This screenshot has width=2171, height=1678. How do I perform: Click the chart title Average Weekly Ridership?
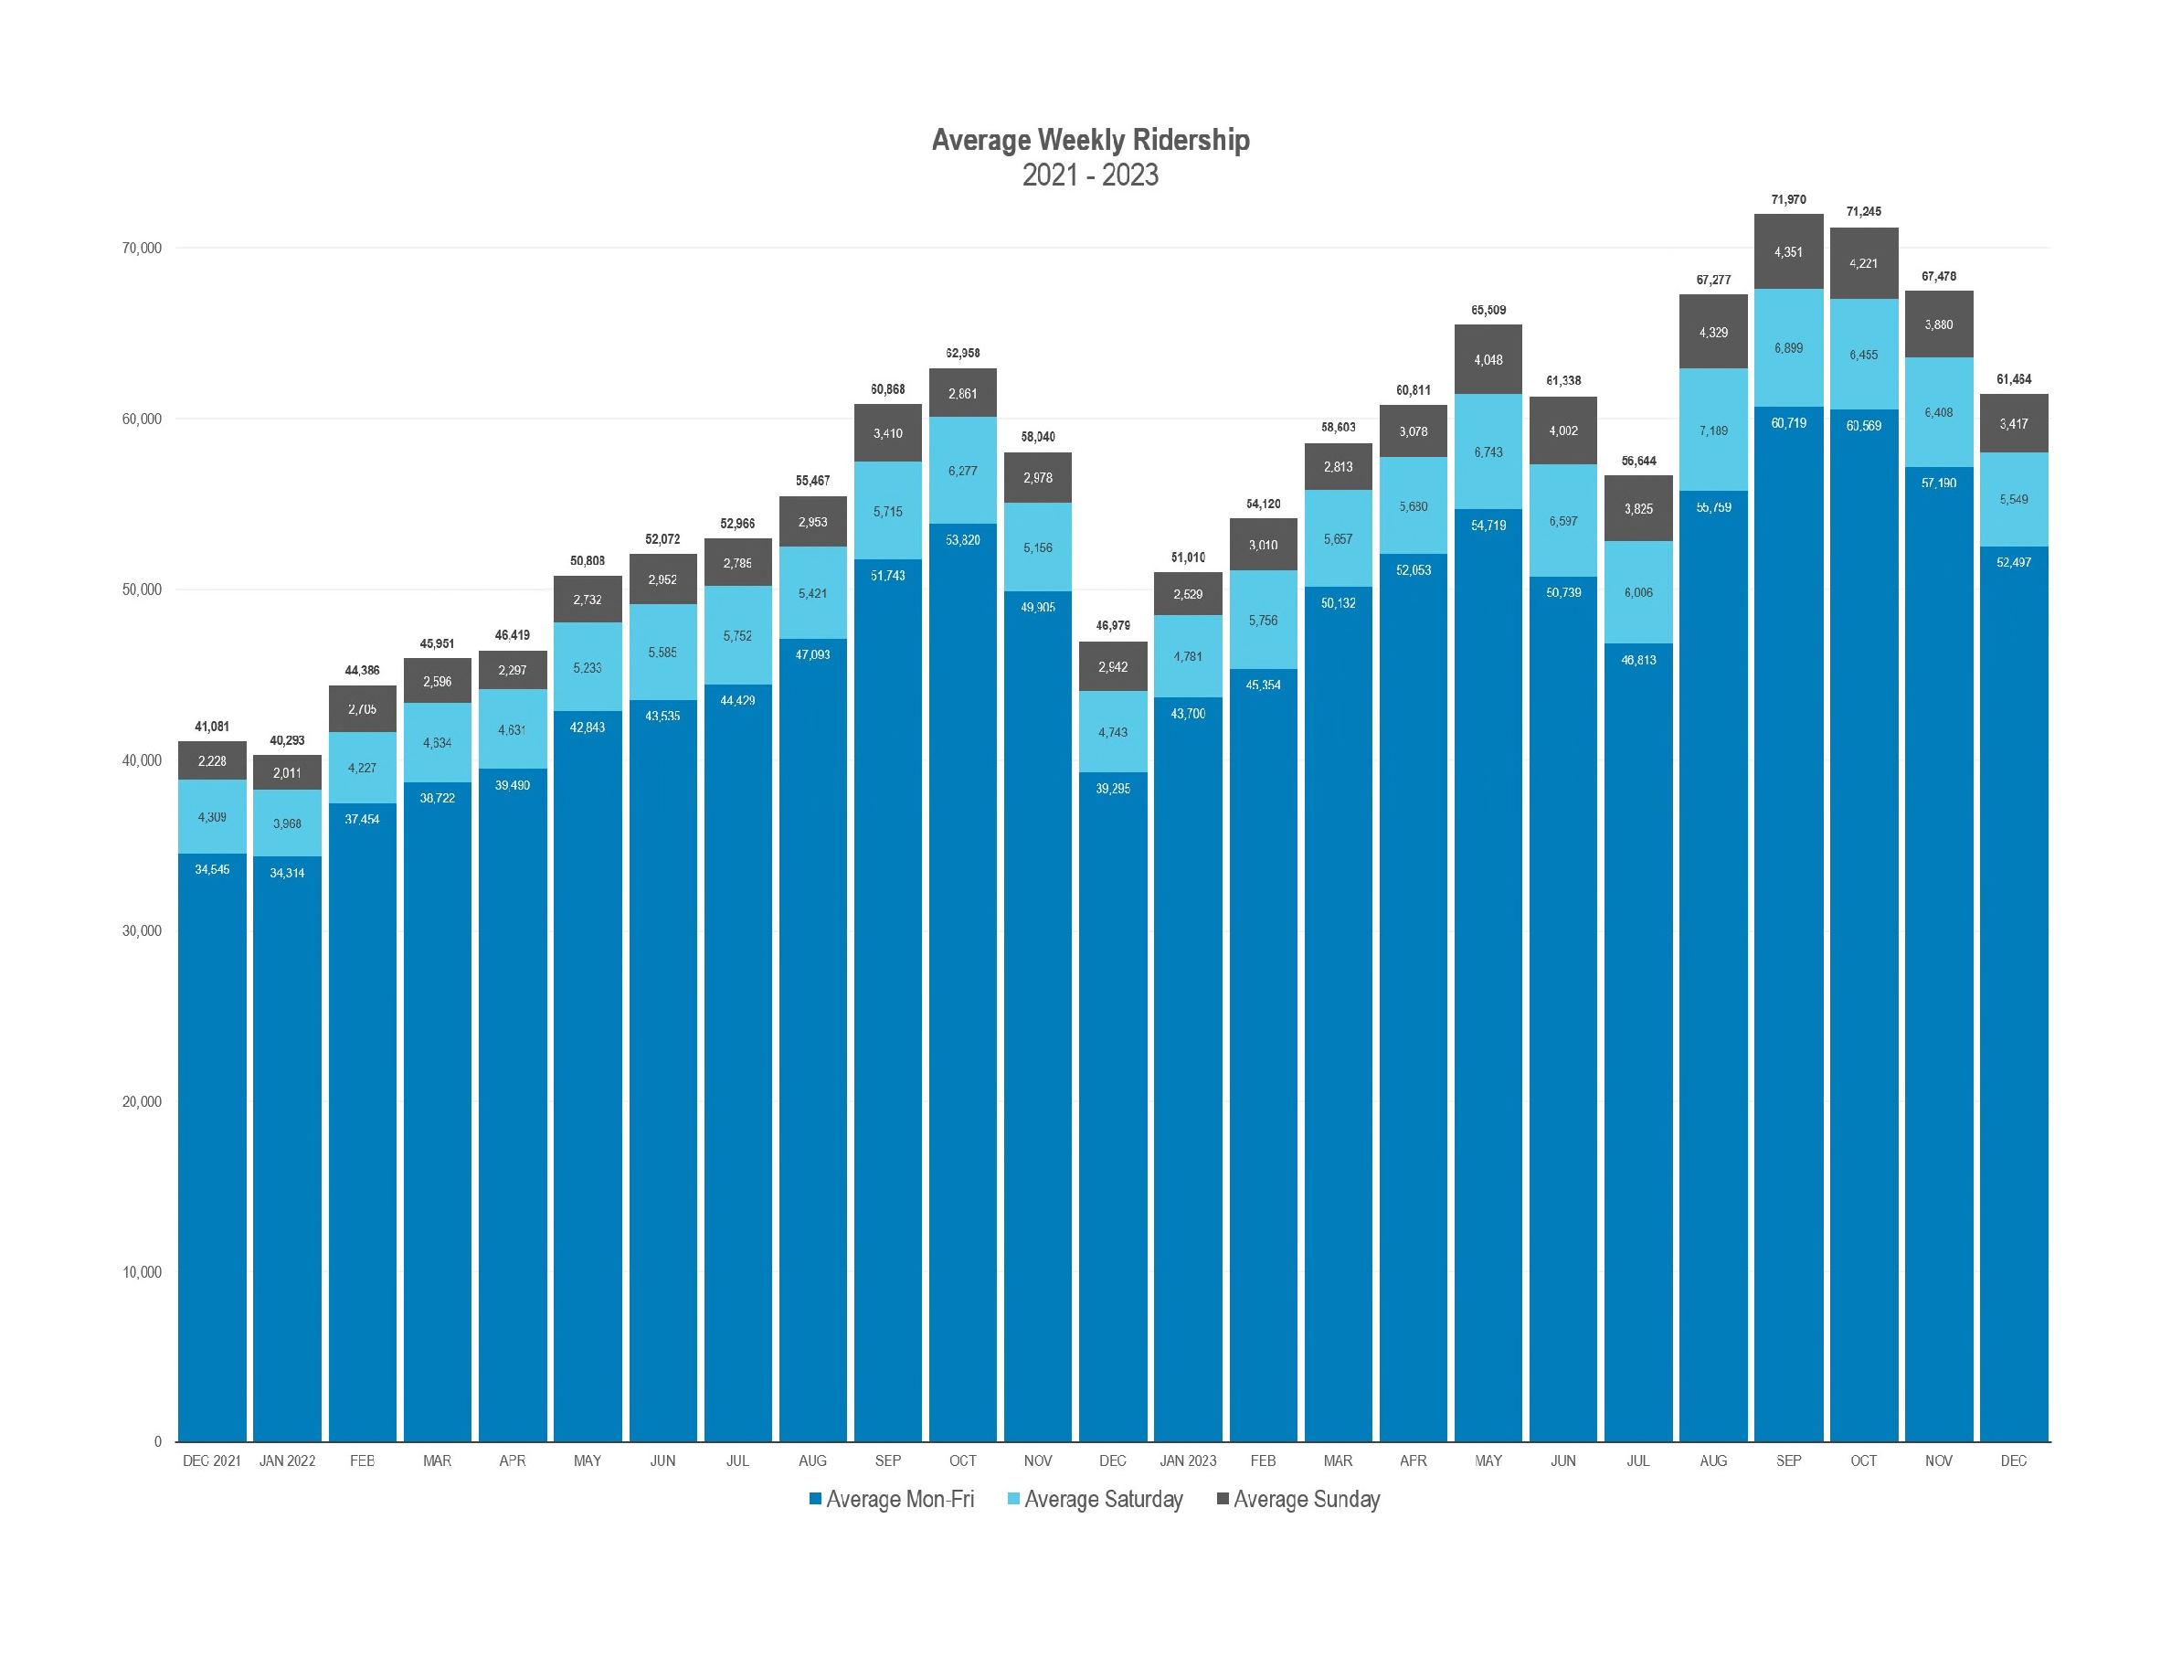click(x=1090, y=140)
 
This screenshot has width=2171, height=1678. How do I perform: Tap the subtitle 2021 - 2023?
click(x=1090, y=175)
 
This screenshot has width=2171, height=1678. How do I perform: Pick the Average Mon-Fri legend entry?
click(x=892, y=1499)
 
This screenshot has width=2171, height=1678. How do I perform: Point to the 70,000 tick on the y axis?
click(x=143, y=249)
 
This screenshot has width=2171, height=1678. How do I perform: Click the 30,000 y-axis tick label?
click(x=143, y=931)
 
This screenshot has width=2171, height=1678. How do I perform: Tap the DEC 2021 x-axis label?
click(x=212, y=1460)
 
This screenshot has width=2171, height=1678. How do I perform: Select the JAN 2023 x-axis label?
click(x=1188, y=1460)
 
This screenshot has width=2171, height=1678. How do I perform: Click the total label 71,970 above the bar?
click(x=1788, y=200)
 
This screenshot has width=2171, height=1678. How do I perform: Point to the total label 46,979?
click(x=1113, y=625)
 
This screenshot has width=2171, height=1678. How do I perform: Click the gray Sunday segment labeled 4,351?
click(x=1788, y=252)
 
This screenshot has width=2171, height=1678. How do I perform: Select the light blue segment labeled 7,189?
click(x=1714, y=430)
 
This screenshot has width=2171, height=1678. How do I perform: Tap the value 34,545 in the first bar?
click(x=212, y=870)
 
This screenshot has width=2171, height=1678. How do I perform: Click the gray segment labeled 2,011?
click(x=287, y=772)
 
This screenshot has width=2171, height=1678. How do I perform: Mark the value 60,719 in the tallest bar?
click(x=1788, y=423)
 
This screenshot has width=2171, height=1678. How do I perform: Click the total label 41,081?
click(x=212, y=727)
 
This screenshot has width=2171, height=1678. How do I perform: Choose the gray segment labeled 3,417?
click(x=2014, y=424)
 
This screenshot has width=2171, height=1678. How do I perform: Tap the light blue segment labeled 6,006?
click(x=1638, y=592)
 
